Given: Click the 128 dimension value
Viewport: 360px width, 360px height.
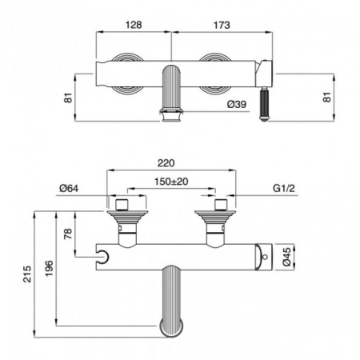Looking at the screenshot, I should point(134,25).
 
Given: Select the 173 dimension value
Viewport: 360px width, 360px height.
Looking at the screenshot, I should point(222,25).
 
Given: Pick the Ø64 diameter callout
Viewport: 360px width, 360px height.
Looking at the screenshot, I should point(70,189).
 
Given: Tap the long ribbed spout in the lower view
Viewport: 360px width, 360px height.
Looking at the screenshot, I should point(170,304).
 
